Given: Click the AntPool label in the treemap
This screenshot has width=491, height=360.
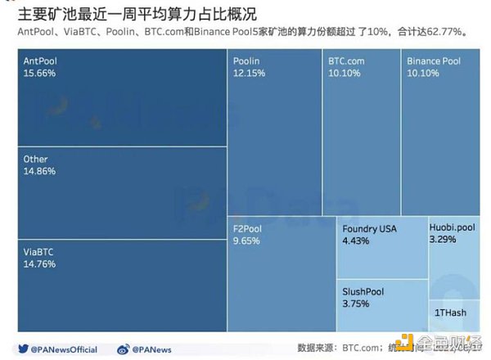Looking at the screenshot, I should [40, 61].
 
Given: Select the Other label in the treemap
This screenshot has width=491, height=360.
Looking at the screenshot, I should [36, 160].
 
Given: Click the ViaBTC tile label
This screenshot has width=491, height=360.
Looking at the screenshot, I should [38, 252].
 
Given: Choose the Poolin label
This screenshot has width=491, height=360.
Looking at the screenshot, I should [246, 61].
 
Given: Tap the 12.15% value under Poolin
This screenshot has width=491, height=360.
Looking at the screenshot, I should [249, 73].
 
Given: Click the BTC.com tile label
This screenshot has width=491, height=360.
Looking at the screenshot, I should [346, 61].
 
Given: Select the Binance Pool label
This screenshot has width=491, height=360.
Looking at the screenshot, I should [434, 61].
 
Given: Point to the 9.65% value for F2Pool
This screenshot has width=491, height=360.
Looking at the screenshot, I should [247, 241].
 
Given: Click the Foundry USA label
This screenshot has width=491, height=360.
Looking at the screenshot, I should [369, 229].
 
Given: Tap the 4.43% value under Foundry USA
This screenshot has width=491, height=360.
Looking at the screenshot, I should [358, 241].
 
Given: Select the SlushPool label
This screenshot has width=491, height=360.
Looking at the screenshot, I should [363, 291].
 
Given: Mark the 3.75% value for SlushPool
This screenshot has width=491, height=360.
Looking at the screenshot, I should [356, 304].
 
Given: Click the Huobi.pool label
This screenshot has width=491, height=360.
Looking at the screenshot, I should [453, 228].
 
